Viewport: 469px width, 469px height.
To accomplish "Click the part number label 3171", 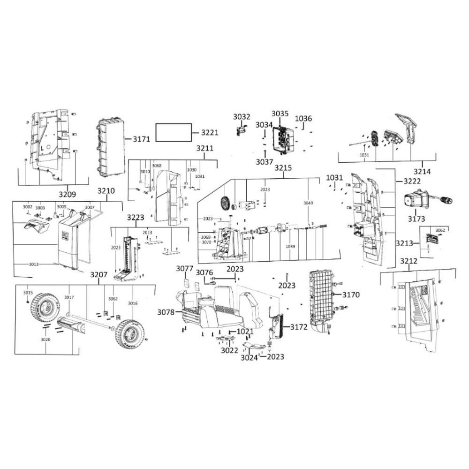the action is click(x=141, y=139).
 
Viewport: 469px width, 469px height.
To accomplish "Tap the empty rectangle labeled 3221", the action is click(x=174, y=133).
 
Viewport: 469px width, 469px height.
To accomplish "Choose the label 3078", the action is click(x=166, y=312).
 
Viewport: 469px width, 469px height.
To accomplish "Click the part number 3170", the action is click(x=350, y=295).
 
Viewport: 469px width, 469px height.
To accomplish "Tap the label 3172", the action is click(x=298, y=327).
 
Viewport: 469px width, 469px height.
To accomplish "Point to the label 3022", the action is click(x=230, y=350).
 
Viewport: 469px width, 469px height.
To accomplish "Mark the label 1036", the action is click(x=303, y=119).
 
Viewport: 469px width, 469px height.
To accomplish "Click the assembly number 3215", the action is click(x=283, y=168).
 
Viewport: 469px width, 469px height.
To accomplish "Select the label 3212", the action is click(x=409, y=261).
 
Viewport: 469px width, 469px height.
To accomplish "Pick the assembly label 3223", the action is click(x=136, y=218).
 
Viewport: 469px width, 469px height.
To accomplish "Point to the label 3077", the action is click(x=185, y=269).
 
